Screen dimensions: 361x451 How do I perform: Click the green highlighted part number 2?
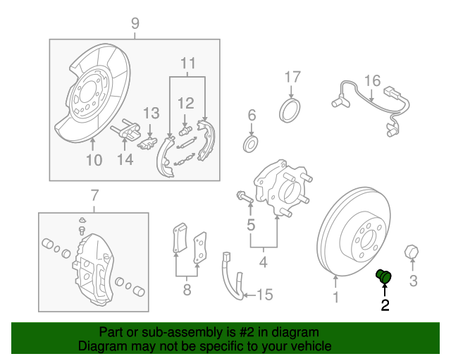pyautogui.click(x=384, y=276)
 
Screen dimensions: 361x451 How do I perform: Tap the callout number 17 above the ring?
pyautogui.click(x=292, y=77)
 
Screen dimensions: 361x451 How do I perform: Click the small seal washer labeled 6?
pyautogui.click(x=250, y=145)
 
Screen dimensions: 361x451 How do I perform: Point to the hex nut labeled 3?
pyautogui.click(x=412, y=252)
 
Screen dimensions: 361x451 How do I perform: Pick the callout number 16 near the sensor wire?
pyautogui.click(x=372, y=80)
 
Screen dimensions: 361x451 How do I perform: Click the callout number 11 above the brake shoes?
pyautogui.click(x=187, y=63)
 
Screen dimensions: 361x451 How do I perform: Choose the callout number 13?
pyautogui.click(x=152, y=113)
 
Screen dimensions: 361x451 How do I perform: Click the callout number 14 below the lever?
pyautogui.click(x=125, y=160)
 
